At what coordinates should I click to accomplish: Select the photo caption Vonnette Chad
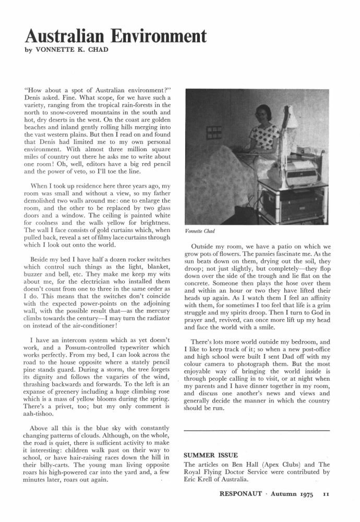click(201, 231)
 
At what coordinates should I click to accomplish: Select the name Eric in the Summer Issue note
click(193, 481)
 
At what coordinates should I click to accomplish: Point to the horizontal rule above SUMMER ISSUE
click(257, 431)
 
